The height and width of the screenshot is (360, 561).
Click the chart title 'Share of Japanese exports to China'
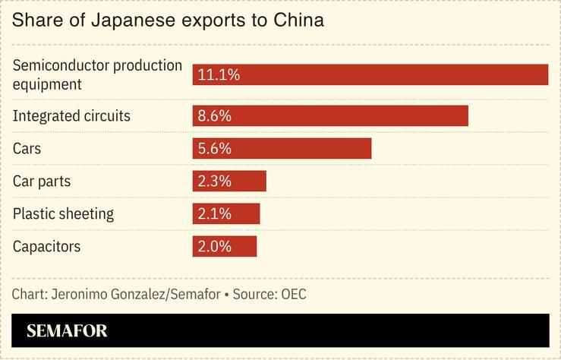168,21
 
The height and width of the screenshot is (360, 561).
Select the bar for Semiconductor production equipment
370,74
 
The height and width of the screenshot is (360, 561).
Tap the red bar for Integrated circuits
330,116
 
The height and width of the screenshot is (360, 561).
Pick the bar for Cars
282,149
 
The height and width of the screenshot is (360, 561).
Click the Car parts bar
229,182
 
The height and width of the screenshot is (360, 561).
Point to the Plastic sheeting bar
226,214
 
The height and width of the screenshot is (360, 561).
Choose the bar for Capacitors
225,247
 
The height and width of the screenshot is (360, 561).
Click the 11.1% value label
219,74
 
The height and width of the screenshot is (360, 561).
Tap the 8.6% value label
214,116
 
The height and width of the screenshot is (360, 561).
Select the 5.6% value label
214,149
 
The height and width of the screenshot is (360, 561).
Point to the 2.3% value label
214,182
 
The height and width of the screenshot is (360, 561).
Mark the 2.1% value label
214,214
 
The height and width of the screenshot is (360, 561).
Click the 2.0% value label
214,247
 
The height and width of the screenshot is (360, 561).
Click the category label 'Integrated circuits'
71,116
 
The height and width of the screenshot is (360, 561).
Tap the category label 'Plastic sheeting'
63,214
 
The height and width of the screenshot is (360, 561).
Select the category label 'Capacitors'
46,247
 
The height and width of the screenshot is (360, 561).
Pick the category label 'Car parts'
42,182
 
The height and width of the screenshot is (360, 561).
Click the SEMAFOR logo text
67,331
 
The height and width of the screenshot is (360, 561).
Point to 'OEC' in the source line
293,294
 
